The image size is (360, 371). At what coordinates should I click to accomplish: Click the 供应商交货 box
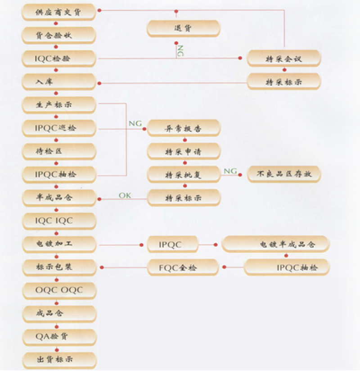[x=58, y=12]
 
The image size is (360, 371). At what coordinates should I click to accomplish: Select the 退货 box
[x=183, y=28]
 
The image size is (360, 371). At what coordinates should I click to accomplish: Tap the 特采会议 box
[x=283, y=59]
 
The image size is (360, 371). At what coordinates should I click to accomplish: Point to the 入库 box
[x=58, y=82]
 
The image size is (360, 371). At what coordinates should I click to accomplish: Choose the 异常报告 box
[x=183, y=128]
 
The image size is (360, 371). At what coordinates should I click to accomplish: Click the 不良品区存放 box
[x=283, y=174]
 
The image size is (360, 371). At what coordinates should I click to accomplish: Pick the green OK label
[x=125, y=195]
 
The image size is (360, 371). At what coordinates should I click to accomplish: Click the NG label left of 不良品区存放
[x=230, y=171]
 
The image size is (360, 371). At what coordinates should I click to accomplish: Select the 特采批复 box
[x=183, y=174]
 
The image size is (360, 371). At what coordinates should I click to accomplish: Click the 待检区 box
[x=58, y=151]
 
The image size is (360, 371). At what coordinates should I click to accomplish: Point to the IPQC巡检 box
[x=58, y=128]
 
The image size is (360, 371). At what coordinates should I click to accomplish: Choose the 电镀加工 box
[x=58, y=244]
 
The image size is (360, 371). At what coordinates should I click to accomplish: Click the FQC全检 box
[x=183, y=267]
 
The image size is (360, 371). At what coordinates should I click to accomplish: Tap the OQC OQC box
[x=58, y=290]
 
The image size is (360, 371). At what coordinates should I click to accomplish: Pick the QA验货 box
[x=58, y=336]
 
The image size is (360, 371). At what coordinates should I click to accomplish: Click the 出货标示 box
[x=58, y=359]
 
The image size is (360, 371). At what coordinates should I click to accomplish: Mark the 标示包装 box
[x=58, y=267]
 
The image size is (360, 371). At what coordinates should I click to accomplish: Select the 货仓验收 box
[x=58, y=35]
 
